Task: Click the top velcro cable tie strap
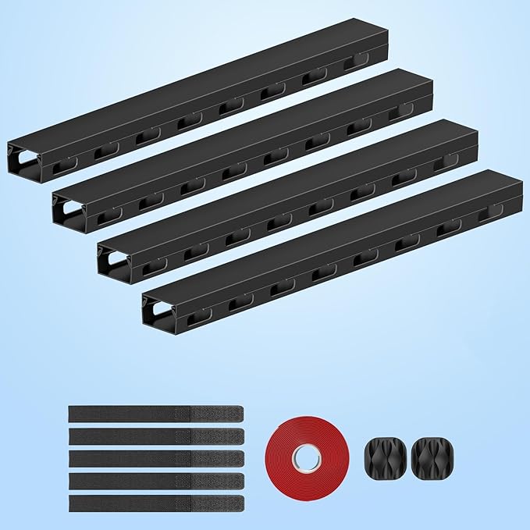pyautogui.click(x=156, y=414)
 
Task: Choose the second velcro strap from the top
pyautogui.click(x=156, y=436)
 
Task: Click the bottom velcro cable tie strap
pyautogui.click(x=156, y=503)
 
